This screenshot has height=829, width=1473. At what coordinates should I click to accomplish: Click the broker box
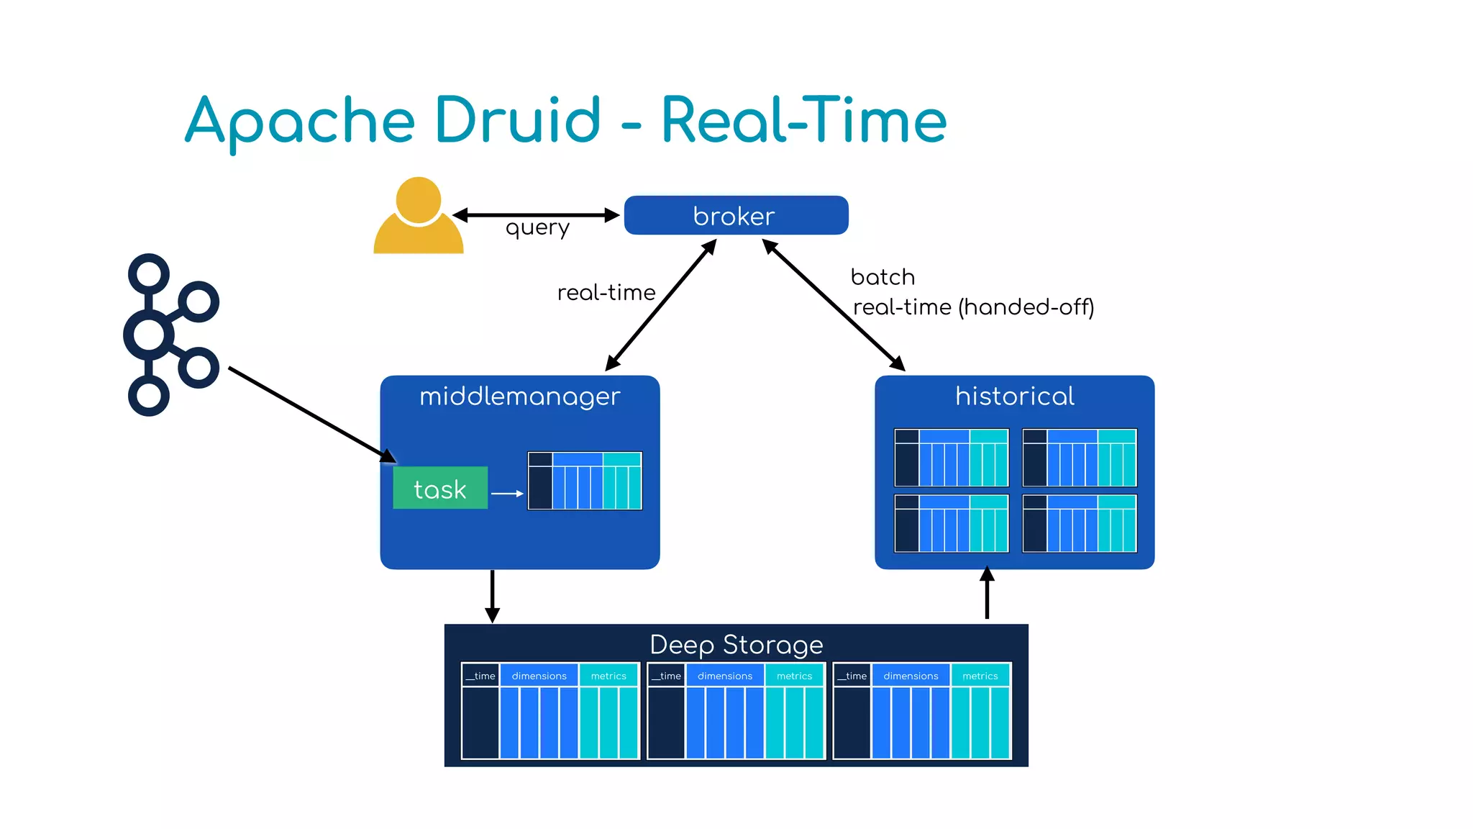735,215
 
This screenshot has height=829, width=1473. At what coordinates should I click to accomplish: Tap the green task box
440,489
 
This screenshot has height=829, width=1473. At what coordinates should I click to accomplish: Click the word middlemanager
519,397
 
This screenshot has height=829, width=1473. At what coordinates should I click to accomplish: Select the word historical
1014,397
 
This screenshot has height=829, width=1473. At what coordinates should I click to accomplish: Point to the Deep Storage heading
736,644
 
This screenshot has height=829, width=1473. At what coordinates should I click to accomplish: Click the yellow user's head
418,199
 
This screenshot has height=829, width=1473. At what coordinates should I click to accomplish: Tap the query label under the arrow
537,228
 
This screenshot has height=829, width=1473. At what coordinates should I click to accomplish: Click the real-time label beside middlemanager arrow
606,293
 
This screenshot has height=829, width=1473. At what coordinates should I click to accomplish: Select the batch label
883,277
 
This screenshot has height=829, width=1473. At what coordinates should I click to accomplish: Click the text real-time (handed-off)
973,307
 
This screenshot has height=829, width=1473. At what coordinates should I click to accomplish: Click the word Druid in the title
517,120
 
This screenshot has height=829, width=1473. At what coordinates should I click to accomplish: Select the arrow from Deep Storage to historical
987,594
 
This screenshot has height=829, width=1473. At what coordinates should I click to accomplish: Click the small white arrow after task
507,494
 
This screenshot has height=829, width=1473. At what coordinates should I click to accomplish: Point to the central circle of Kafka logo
149,335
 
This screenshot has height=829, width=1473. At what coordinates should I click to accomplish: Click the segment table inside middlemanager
585,481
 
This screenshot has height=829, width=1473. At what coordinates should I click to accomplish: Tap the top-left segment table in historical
951,458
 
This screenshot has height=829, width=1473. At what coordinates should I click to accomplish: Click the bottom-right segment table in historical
1079,523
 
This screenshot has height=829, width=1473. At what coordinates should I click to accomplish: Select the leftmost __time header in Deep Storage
480,676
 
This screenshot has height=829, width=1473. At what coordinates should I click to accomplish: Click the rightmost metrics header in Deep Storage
980,676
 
